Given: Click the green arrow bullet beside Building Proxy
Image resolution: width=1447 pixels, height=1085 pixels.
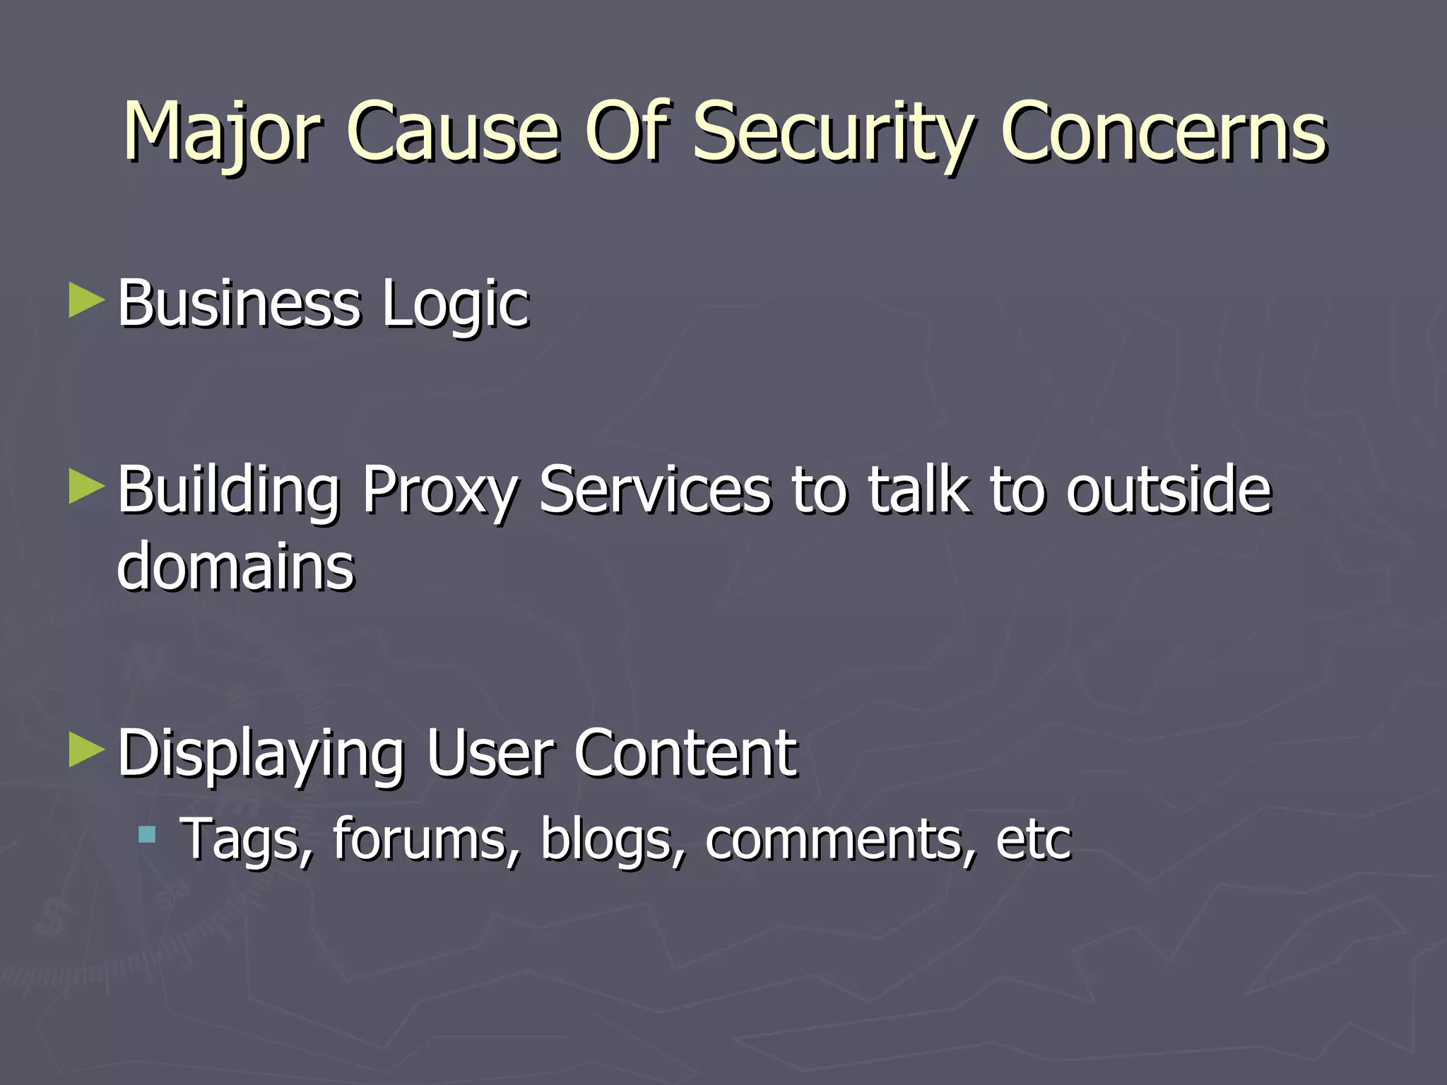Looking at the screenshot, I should [86, 488].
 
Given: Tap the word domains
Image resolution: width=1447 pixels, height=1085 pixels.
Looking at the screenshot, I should [236, 567].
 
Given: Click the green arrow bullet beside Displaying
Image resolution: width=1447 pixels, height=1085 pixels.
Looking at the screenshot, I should [86, 751].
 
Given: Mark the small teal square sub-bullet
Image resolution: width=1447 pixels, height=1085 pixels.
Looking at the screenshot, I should [147, 836].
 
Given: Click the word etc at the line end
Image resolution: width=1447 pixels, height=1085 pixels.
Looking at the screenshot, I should [1033, 839].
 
